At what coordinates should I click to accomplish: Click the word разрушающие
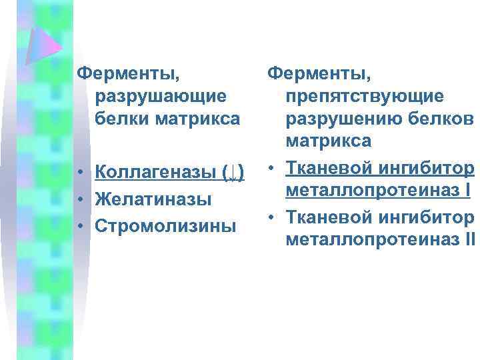coord(160,96)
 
